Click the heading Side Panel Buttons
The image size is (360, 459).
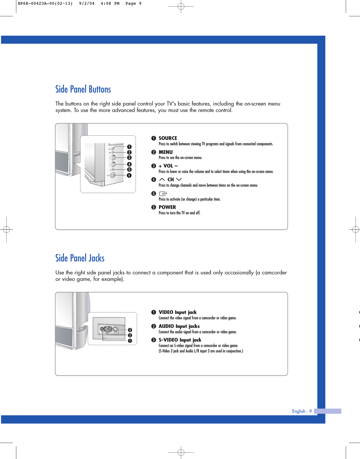click(83, 89)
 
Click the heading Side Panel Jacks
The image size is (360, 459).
click(80, 258)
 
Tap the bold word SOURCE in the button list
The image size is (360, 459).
click(168, 138)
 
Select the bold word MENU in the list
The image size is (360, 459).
click(166, 152)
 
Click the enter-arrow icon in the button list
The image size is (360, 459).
click(163, 193)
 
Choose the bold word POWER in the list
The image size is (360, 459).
click(167, 207)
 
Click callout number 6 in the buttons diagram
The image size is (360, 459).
click(129, 175)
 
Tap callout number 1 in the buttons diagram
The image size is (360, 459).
click(129, 147)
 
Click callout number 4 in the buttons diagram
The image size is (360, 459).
click(129, 164)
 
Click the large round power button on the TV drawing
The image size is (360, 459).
click(113, 175)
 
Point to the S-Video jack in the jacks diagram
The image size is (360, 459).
click(116, 329)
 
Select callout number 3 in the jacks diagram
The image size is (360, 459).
click(130, 330)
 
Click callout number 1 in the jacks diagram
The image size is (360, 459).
click(130, 341)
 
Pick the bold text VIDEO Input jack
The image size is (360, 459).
click(177, 312)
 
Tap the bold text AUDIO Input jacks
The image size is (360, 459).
click(179, 326)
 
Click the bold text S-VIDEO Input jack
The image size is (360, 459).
click(180, 340)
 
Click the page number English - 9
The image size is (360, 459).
click(302, 411)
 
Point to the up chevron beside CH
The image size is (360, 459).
click(162, 179)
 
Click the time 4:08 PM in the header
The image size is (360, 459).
click(110, 4)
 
